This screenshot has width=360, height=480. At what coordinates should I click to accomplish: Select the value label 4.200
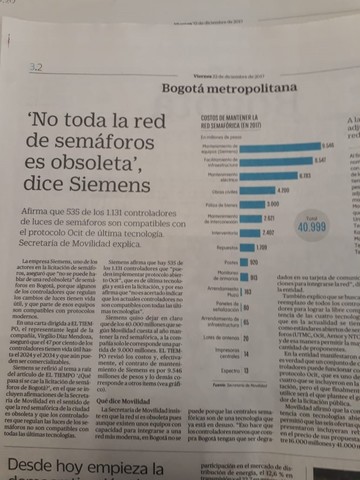point(284,188)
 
